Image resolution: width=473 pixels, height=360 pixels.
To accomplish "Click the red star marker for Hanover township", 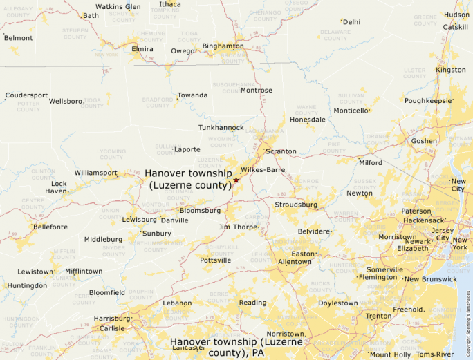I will [x=236, y=180].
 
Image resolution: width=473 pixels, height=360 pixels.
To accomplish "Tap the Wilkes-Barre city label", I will [x=263, y=169].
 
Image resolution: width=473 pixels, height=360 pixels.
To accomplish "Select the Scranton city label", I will [x=281, y=151].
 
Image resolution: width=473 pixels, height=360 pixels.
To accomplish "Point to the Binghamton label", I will [x=223, y=46].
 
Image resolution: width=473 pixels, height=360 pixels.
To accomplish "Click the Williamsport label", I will [x=95, y=173].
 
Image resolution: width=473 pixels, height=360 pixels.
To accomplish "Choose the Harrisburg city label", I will [x=112, y=319].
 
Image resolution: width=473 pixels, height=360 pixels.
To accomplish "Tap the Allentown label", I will [x=295, y=262].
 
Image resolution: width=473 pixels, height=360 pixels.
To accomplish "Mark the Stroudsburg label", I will [x=296, y=205].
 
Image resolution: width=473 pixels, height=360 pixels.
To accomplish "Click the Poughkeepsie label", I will [x=428, y=101].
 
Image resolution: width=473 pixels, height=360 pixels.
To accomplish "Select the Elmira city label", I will [x=142, y=49].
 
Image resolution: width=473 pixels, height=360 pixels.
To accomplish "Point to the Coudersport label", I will [x=26, y=95].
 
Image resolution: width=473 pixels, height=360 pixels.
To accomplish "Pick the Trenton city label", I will [x=378, y=316].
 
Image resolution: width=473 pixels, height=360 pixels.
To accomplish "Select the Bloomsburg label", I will [x=200, y=210].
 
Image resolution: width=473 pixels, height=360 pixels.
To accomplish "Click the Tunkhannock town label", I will [x=221, y=128].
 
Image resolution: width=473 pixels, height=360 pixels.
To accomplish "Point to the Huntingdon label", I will [x=28, y=285].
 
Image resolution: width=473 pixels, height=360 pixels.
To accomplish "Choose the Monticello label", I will [x=351, y=111].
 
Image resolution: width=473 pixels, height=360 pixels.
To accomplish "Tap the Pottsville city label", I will [x=216, y=260].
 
